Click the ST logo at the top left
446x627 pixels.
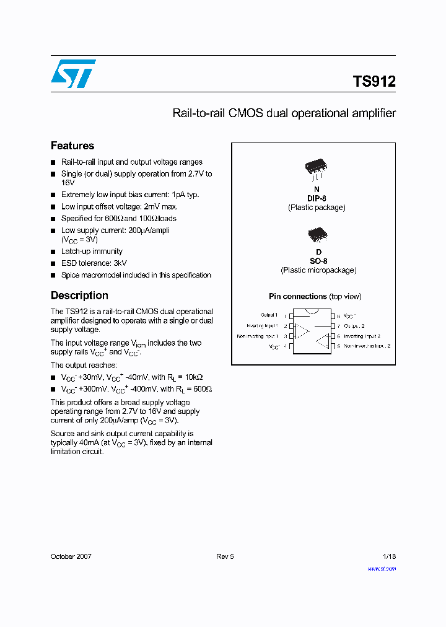(73, 74)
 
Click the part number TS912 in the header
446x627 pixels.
(374, 81)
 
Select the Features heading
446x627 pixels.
(72, 146)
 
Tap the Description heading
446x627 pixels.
(79, 296)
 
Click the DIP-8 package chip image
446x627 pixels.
(316, 166)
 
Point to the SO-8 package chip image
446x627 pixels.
(317, 234)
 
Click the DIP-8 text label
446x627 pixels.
(317, 198)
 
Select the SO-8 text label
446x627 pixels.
(318, 261)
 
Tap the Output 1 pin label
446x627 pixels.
(269, 315)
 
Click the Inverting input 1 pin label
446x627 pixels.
(261, 325)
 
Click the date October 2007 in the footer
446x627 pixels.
(71, 556)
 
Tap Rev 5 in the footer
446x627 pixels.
(225, 556)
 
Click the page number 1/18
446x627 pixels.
(388, 556)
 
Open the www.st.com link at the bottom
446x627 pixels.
(382, 568)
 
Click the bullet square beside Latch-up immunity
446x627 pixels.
(53, 252)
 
